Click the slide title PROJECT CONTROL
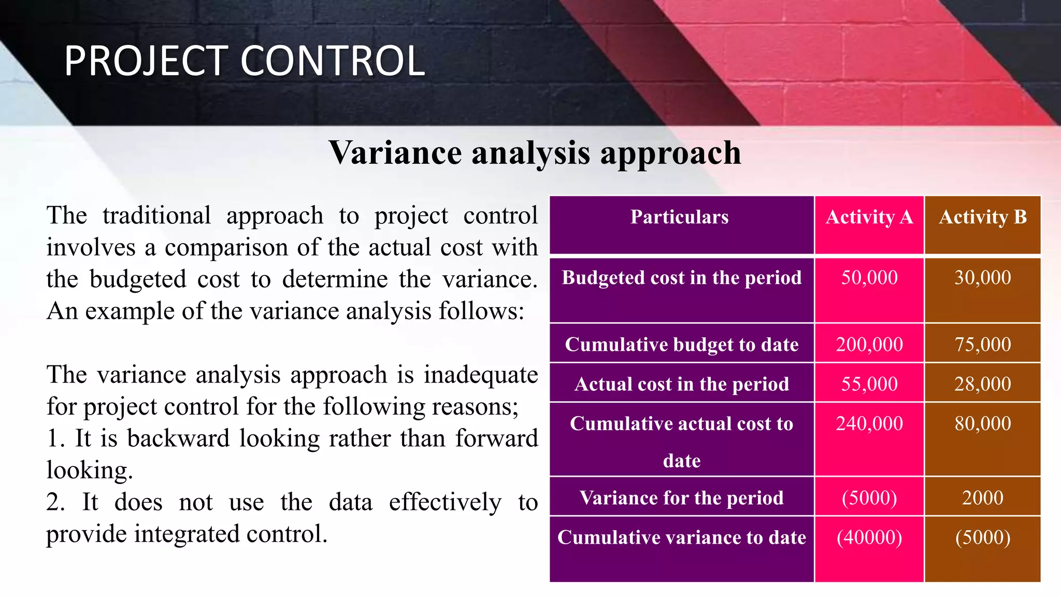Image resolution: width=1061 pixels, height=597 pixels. pos(245,61)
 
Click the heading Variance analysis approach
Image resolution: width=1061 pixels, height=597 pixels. pos(535,153)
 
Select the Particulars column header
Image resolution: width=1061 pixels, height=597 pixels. pos(679,217)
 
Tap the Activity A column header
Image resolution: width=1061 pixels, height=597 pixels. pos(869,217)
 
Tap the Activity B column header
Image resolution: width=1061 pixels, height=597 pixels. pos(982,217)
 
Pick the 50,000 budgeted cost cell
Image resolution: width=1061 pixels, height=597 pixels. pos(869,278)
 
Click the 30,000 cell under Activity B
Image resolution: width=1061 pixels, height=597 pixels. pos(982,278)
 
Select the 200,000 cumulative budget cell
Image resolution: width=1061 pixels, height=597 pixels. pos(869,345)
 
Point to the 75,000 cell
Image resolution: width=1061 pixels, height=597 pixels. pos(982,345)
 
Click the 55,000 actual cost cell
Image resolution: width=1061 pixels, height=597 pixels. pos(869,384)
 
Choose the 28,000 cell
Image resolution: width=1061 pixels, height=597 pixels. pos(982,384)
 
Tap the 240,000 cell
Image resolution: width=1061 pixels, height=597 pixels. pos(869,424)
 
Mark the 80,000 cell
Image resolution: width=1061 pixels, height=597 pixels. pos(982,424)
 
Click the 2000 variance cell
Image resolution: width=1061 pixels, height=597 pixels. pos(982,498)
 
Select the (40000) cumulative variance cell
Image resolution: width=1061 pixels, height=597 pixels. pos(869,537)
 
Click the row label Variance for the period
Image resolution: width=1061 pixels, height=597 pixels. pos(681,498)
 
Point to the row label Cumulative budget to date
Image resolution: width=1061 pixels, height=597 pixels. pos(681,345)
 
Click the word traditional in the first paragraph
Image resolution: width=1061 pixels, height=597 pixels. pos(156,216)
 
